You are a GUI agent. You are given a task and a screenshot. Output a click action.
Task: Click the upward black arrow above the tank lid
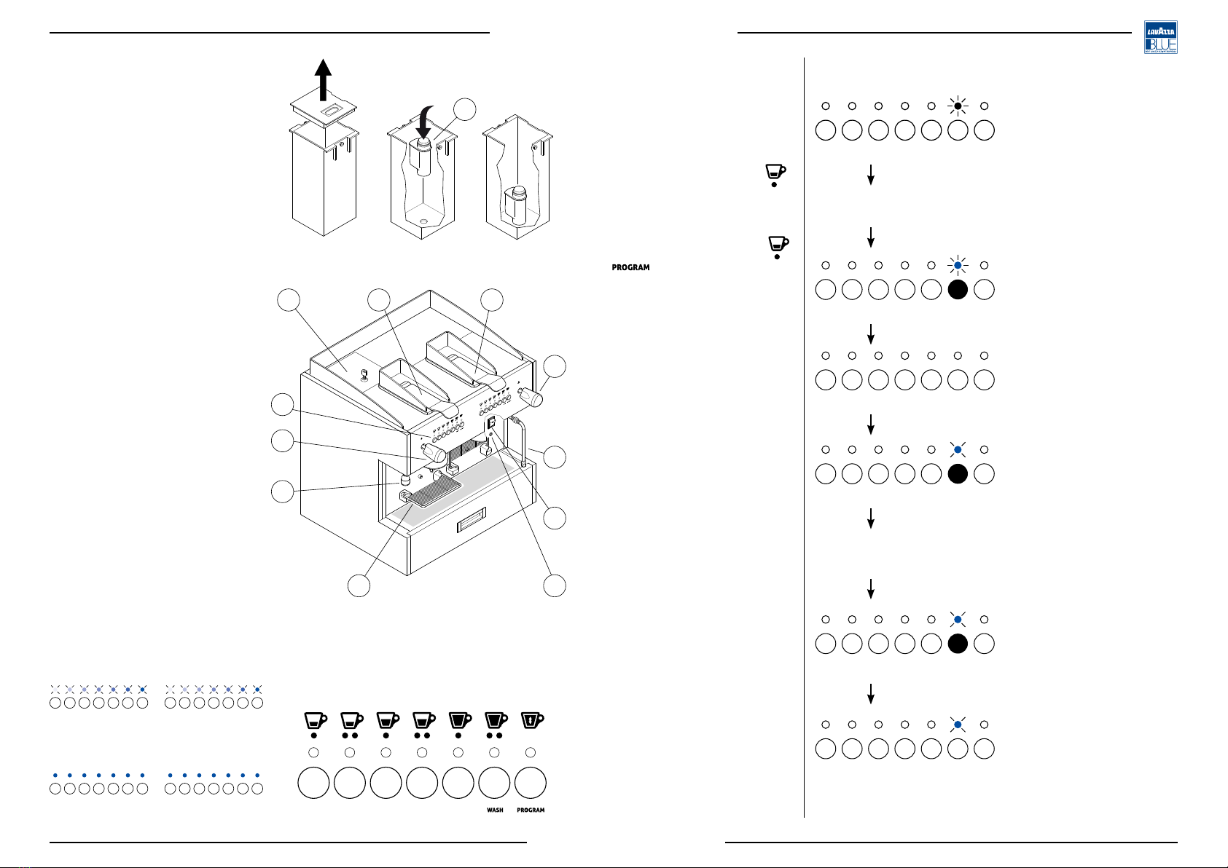[x=323, y=76]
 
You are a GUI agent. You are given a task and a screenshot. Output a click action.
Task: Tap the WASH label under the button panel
[x=495, y=810]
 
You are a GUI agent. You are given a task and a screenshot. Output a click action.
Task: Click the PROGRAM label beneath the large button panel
[x=531, y=810]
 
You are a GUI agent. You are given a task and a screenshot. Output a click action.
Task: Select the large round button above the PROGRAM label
[x=531, y=782]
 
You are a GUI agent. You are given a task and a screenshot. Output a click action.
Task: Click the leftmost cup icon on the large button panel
[x=315, y=721]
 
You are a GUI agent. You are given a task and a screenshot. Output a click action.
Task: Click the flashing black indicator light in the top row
[x=958, y=106]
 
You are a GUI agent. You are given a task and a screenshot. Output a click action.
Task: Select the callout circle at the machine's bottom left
[x=359, y=587]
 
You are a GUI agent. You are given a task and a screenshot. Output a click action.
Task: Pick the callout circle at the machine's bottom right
[x=555, y=587]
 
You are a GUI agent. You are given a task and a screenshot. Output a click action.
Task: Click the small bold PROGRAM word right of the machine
[x=630, y=268]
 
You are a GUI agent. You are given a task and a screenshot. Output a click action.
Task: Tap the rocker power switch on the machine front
[x=492, y=422]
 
